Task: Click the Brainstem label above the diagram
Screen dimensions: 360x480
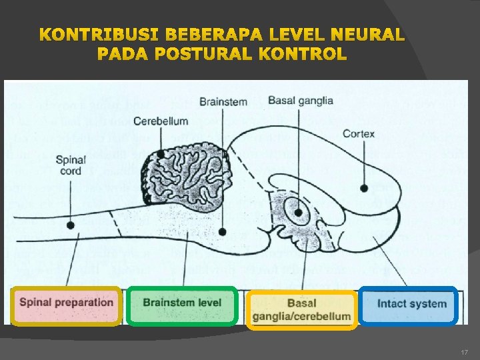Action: (223, 102)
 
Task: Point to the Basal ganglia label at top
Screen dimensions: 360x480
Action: (301, 101)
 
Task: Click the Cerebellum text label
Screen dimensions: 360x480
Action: (161, 121)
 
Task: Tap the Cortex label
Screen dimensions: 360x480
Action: (359, 133)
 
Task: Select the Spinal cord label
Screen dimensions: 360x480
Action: (69, 165)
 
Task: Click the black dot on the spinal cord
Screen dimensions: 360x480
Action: (71, 225)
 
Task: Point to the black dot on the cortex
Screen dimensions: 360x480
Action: (364, 189)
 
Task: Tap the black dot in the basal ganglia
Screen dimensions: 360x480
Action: (299, 213)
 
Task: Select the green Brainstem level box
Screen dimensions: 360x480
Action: (182, 303)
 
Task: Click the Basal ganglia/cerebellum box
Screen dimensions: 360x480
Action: (301, 309)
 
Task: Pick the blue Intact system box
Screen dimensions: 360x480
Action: (409, 304)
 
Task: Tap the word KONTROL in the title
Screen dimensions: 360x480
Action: (308, 54)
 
